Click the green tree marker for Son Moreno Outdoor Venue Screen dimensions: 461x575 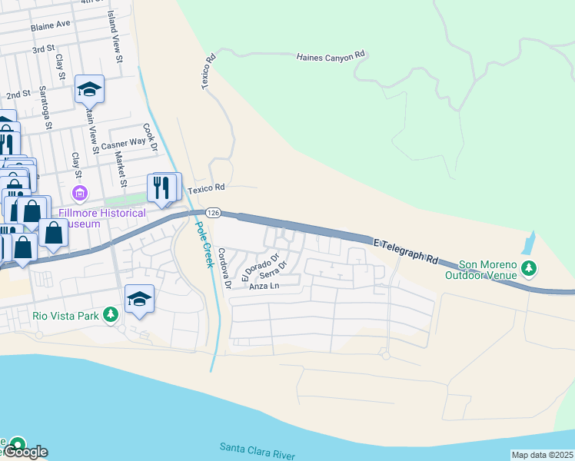528,269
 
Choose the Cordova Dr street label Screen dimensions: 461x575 224,267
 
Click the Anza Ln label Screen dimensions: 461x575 262,287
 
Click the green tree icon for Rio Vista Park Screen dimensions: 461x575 111,314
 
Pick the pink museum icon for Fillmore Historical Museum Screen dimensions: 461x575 77,191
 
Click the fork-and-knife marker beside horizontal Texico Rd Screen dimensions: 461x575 162,187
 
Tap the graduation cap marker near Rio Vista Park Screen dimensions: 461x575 140,298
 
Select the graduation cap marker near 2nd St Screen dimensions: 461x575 89,88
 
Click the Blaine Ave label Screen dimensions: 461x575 51,25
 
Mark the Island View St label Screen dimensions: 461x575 115,36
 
